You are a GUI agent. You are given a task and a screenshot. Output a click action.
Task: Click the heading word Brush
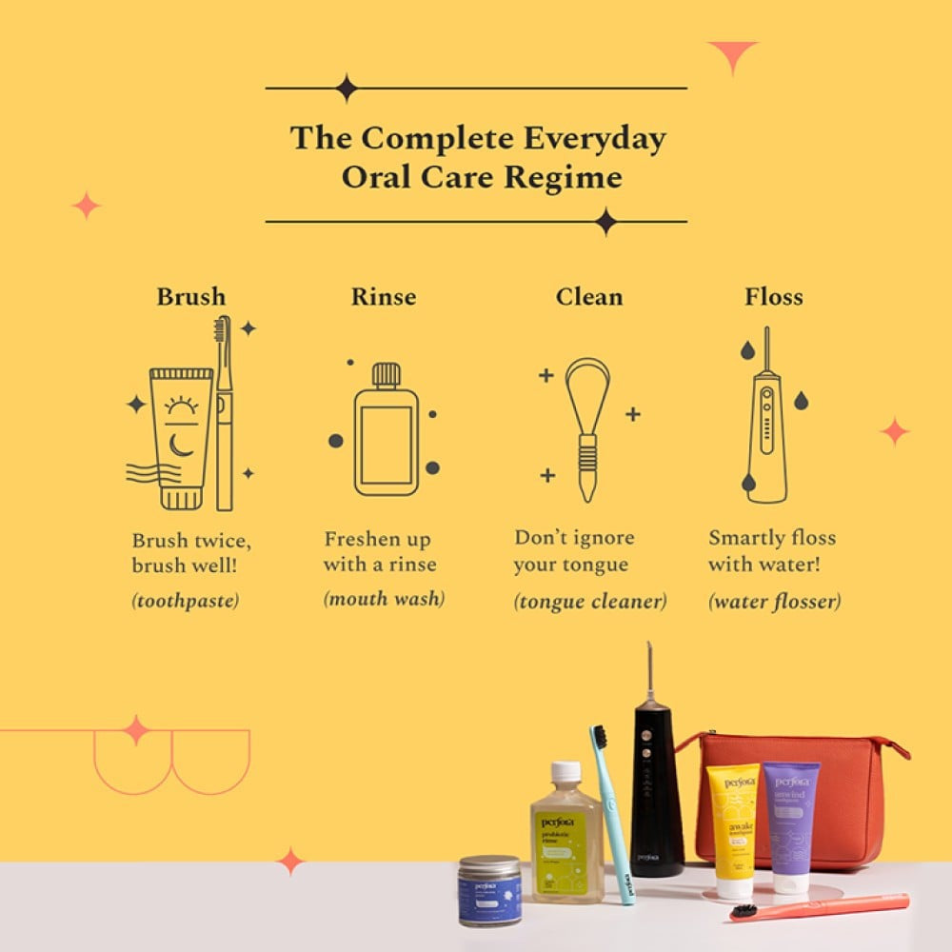(191, 296)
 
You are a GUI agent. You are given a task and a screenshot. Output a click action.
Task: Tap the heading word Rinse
(384, 296)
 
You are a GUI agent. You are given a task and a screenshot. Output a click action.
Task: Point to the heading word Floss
(774, 296)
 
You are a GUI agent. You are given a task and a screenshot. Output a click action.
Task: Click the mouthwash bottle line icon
(386, 430)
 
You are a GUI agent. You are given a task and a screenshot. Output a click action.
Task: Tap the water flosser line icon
(766, 419)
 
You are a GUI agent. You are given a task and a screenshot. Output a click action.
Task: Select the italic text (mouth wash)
(385, 599)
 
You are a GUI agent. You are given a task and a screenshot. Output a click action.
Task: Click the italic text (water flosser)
(774, 601)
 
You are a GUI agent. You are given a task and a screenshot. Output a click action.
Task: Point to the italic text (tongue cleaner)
(590, 601)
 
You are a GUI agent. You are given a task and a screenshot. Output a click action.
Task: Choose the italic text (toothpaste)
(186, 601)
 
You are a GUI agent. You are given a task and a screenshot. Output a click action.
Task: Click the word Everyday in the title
(594, 138)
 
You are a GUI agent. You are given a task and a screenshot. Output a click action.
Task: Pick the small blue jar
(489, 891)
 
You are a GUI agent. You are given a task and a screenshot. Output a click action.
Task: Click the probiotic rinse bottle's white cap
(565, 772)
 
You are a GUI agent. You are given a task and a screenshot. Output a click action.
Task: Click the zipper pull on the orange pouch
(901, 752)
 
